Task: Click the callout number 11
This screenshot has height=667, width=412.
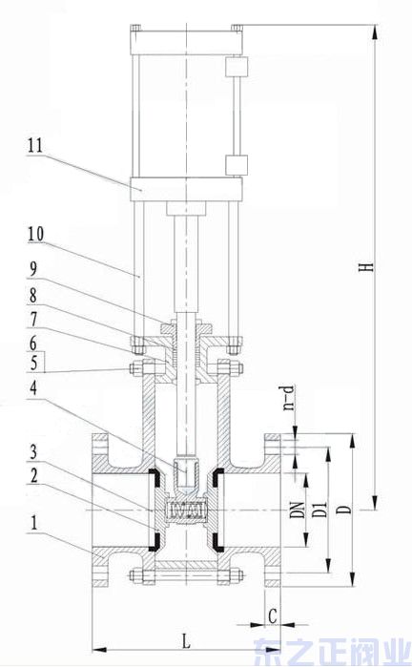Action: [x=35, y=145]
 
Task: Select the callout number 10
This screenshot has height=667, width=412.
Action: [x=35, y=234]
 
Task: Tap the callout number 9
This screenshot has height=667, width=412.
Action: [x=32, y=268]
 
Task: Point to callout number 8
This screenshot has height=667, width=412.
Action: [x=32, y=296]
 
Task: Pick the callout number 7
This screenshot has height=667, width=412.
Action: [x=32, y=320]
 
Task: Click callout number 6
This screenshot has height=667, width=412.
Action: [x=32, y=344]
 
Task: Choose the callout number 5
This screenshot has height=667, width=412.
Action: [x=34, y=363]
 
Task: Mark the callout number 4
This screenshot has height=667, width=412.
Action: [x=33, y=387]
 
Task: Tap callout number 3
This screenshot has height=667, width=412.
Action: [x=33, y=451]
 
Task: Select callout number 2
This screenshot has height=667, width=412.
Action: [x=33, y=475]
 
